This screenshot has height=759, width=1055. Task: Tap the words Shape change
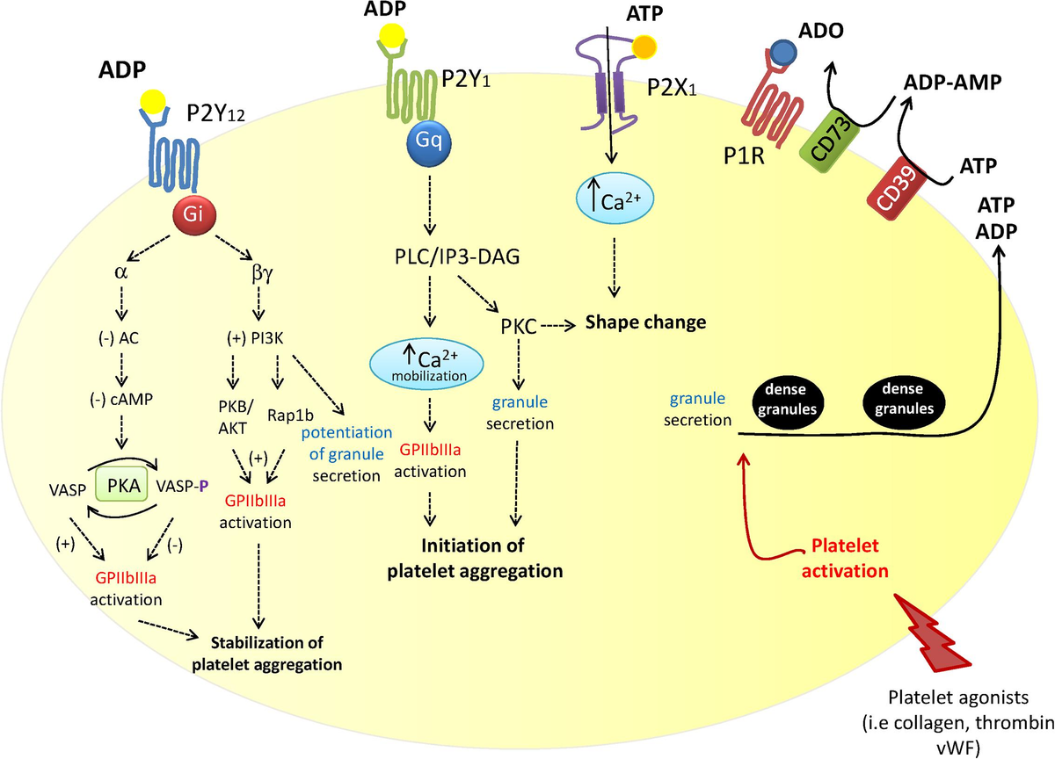click(646, 322)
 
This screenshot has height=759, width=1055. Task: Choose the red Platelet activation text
click(844, 560)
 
